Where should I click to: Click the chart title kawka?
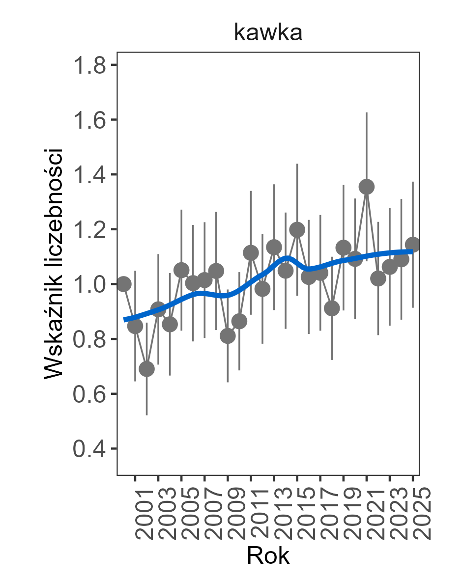(x=268, y=33)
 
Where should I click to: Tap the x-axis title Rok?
(x=268, y=556)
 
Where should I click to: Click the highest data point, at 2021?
(x=367, y=187)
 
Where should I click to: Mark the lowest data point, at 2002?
(x=146, y=369)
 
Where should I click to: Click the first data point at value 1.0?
(x=124, y=284)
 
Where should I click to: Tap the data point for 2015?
(x=297, y=229)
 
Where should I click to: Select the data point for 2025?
(x=413, y=245)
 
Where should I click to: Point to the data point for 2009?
(x=228, y=336)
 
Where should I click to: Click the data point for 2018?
(x=332, y=308)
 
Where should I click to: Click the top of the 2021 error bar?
(x=367, y=113)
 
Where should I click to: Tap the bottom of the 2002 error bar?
(x=146, y=415)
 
